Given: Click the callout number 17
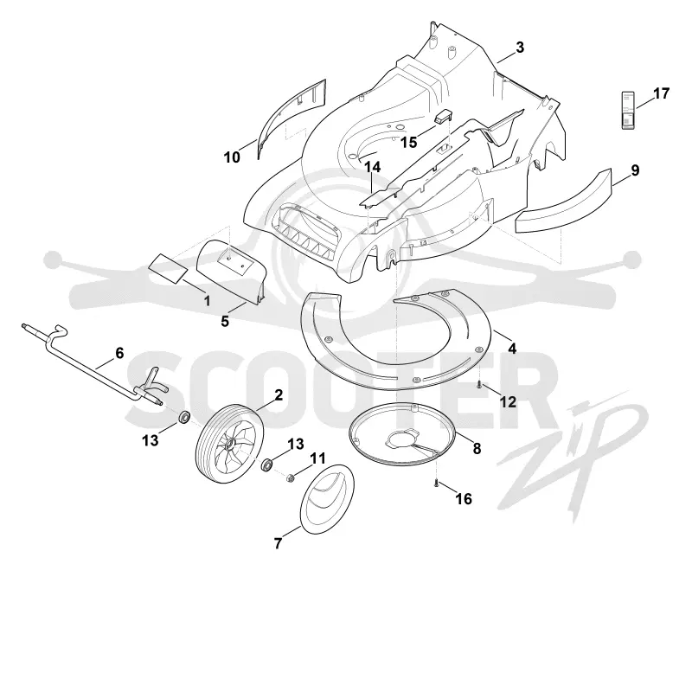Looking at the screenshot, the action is point(661,93).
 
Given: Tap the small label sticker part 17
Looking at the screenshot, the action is point(628,111).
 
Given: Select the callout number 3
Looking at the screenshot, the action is point(520,48).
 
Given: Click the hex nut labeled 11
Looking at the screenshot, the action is point(291,477).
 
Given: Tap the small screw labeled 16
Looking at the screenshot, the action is point(436,484).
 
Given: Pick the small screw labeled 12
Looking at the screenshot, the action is point(479,385).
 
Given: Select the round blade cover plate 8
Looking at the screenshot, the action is point(402,434).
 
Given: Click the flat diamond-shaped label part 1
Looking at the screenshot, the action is point(166,269).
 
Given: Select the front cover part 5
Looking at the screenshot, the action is point(231,271).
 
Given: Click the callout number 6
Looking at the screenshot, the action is point(119,353).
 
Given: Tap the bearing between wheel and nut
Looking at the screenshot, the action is point(267,465).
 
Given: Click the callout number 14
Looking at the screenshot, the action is point(372,167).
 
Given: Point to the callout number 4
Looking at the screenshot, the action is point(512,349).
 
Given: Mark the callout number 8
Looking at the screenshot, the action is point(477,448).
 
